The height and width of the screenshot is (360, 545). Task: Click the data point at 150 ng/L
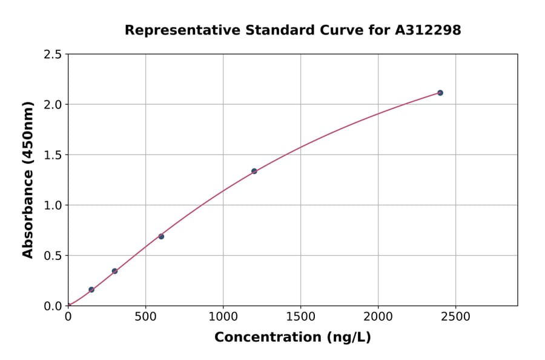click(91, 290)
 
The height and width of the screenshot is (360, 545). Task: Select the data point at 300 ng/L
click(114, 271)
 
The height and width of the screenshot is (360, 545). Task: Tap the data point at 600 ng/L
click(161, 236)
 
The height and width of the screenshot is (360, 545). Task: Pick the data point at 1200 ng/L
click(254, 171)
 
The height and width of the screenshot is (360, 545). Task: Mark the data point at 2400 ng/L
click(440, 93)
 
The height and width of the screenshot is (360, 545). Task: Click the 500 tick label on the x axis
click(145, 317)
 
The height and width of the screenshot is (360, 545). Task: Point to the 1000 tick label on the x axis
click(223, 317)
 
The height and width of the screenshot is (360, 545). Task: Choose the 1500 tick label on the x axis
click(300, 317)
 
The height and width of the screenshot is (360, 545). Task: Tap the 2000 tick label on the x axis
click(378, 317)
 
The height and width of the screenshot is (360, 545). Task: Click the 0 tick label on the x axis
click(68, 317)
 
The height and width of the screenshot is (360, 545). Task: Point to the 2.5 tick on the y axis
click(53, 55)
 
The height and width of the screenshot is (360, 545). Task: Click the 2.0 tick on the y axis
click(53, 105)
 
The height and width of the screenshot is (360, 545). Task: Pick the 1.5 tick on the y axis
click(53, 155)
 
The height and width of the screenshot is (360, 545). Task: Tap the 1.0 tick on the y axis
click(53, 205)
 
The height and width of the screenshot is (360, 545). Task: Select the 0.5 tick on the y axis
click(53, 256)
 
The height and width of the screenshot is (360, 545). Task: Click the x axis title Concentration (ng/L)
click(292, 338)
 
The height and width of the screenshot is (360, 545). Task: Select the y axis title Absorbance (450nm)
click(28, 179)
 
